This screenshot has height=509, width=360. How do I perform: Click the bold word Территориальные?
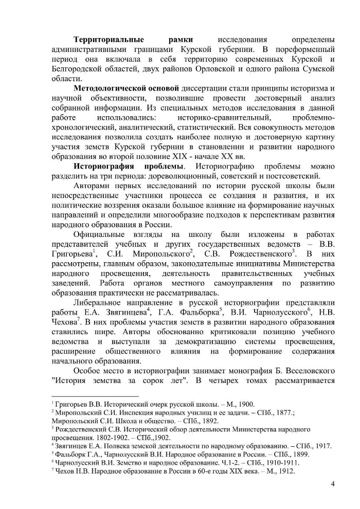[x=106, y=39]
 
